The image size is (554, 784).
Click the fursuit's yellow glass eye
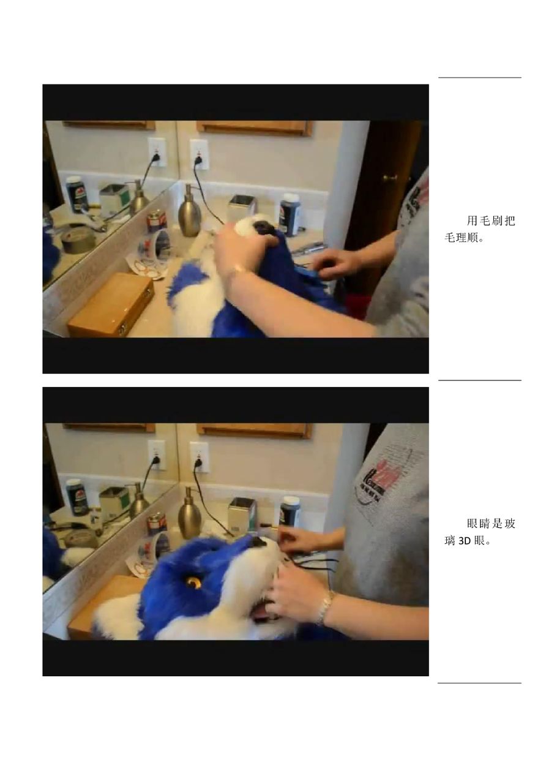point(193,582)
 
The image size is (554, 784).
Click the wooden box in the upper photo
point(111,305)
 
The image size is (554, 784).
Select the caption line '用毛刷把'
point(491,221)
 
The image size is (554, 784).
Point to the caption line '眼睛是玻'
point(491,524)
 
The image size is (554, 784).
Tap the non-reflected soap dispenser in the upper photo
point(190,210)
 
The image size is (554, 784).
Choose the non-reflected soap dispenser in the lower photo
point(190,513)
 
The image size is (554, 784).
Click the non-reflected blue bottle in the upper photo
point(290,214)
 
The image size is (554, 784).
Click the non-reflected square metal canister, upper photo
point(242,209)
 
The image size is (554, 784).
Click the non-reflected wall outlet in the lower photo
point(199,457)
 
